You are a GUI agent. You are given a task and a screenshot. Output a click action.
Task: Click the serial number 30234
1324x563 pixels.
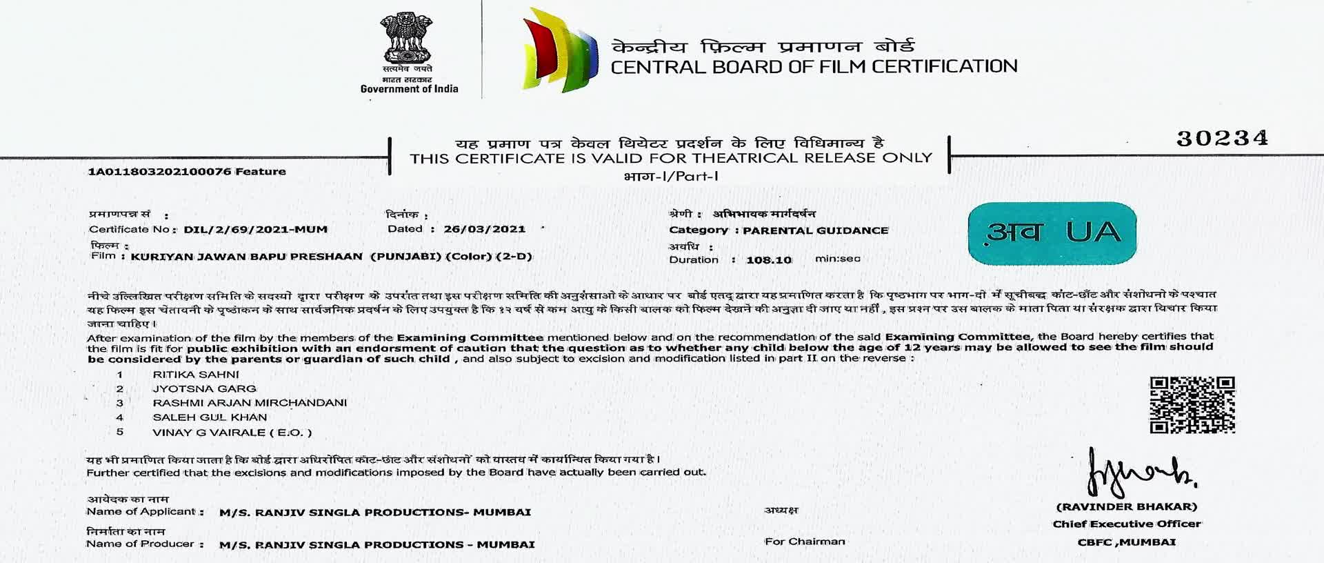[1222, 139]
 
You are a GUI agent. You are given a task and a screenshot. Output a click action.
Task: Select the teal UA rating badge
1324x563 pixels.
[1052, 233]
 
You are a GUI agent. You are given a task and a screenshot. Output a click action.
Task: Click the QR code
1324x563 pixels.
[1192, 405]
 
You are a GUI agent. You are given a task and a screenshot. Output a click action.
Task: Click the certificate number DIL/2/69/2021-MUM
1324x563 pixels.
[255, 230]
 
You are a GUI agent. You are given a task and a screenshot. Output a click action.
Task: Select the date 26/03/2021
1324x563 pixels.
[484, 229]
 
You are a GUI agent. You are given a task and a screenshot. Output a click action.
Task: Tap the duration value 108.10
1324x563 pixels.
[769, 260]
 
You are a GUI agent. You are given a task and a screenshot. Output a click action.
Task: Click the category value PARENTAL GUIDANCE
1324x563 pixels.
[815, 230]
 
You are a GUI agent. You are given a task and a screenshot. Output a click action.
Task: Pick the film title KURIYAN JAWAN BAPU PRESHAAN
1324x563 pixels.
[247, 257]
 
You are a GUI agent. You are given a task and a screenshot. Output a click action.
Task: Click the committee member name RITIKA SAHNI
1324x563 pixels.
[196, 375]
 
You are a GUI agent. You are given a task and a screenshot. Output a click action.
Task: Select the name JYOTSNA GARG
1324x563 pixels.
[204, 389]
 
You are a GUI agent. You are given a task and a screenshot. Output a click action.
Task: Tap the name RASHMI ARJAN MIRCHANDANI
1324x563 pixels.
[250, 403]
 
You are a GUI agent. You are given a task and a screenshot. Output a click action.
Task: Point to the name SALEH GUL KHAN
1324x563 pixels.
[210, 417]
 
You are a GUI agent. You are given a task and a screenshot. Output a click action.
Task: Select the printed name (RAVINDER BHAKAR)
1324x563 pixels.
[1127, 507]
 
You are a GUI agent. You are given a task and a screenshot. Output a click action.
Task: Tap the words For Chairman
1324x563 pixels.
[805, 542]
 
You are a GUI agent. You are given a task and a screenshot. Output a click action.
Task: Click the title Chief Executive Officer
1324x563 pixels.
[1127, 524]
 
